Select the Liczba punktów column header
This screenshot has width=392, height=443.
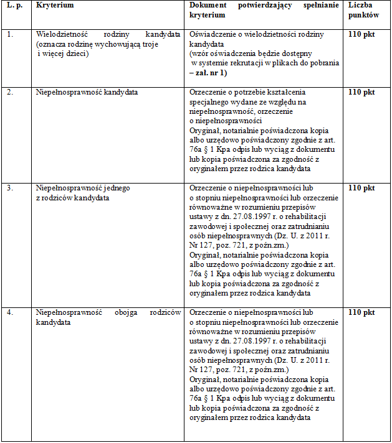361,9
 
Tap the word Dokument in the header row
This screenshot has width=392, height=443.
207,5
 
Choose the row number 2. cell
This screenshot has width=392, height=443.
10,92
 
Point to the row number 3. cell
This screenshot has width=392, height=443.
10,188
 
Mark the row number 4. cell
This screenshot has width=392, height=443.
10,312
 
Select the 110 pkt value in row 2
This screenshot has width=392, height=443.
361,92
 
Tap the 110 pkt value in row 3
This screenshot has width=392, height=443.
361,188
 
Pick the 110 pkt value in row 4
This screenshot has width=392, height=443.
361,312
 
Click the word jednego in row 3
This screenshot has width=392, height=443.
116,188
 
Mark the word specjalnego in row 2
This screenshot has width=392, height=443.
209,102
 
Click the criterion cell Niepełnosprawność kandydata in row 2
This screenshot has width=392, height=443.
87,92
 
